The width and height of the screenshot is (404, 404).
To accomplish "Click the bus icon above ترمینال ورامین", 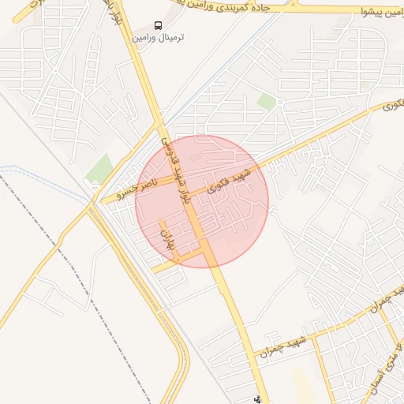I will pyautogui.click(x=159, y=25).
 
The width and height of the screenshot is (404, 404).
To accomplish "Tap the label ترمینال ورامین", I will pyautogui.click(x=159, y=37).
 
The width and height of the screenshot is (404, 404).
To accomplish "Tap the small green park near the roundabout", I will pyautogui.click(x=267, y=102).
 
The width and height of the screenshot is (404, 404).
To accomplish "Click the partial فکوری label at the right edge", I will pyautogui.click(x=391, y=106).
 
